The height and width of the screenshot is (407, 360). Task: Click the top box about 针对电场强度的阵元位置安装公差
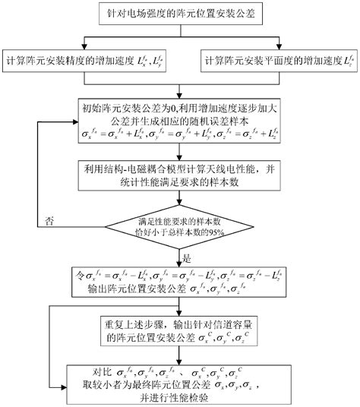179,14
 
